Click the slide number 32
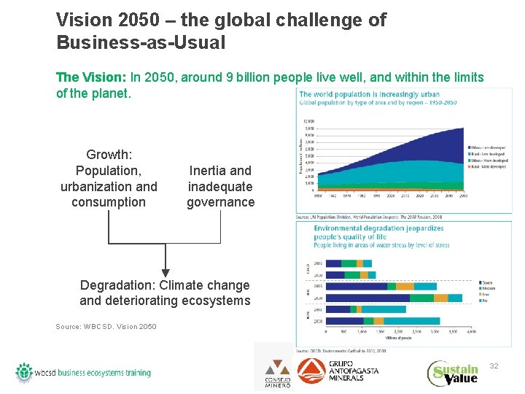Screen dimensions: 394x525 494,365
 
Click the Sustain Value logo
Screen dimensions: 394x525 453,373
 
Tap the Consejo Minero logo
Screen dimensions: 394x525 277,373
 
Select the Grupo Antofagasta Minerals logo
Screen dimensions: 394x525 338,371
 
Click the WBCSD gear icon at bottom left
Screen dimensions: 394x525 24,373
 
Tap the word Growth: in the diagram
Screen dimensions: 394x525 109,155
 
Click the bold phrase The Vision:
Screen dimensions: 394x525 91,77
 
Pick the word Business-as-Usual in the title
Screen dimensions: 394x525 141,42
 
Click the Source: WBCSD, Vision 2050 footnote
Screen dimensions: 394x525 106,326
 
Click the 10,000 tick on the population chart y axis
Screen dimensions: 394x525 309,121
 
